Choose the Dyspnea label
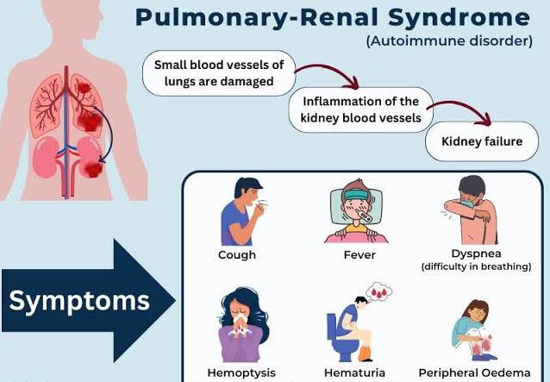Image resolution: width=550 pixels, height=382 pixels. coord(475,254)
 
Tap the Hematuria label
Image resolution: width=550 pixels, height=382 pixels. coord(355,373)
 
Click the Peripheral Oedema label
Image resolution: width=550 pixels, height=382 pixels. coord(475,373)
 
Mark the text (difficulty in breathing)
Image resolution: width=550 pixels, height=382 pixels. coord(475,266)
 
